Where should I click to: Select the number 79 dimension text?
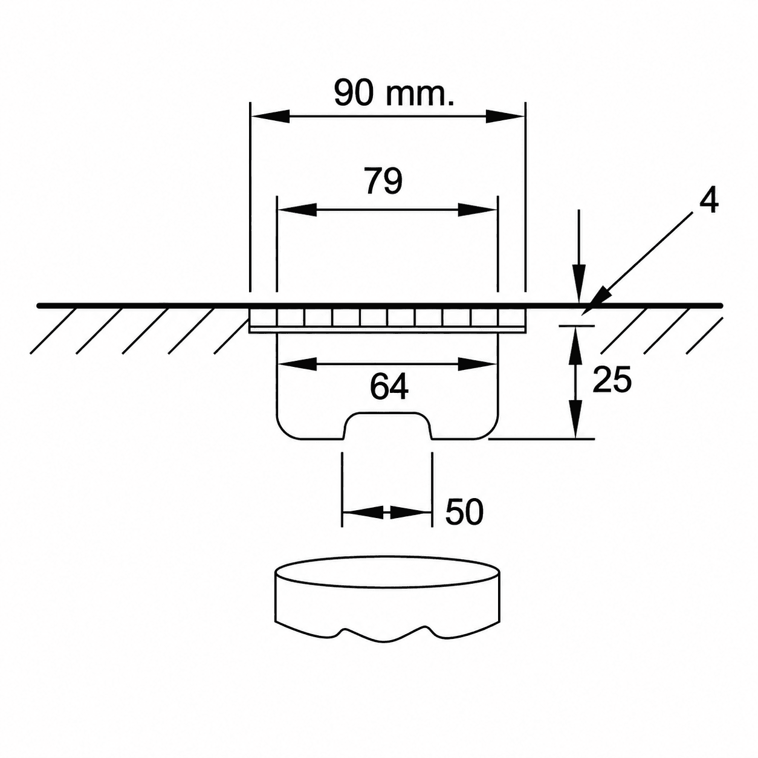click(x=384, y=181)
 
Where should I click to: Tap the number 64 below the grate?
click(x=389, y=387)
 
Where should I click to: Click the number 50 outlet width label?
click(x=464, y=512)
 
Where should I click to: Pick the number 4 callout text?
click(x=709, y=201)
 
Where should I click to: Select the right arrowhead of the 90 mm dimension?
click(x=505, y=117)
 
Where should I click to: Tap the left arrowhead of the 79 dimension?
click(x=297, y=210)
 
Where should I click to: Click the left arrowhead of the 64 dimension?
click(x=297, y=364)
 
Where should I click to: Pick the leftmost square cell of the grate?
click(x=263, y=317)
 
